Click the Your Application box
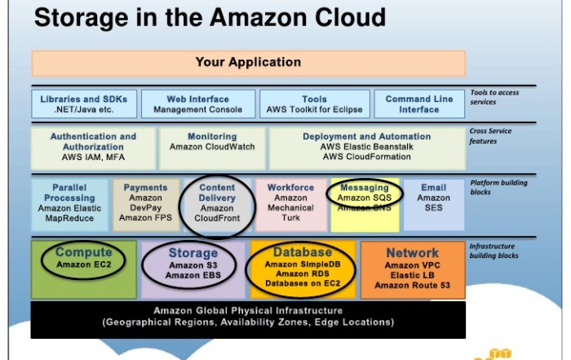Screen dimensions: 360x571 pos(248,63)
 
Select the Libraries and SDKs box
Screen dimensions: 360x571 pos(82,104)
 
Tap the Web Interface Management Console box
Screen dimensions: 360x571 pos(197,104)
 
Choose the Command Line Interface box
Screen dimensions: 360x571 pos(419,104)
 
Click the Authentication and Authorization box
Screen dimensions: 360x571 pos(93,147)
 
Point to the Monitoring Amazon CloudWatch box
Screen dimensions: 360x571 pos(212,147)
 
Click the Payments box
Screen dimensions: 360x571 pos(145,204)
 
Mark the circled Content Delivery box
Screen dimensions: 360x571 pos(217,204)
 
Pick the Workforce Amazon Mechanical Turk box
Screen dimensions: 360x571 pos(290,204)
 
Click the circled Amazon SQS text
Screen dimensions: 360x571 pos(365,198)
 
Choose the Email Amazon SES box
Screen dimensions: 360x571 pos(433,204)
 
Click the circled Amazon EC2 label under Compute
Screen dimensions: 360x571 pos(83,265)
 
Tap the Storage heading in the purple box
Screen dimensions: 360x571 pos(193,254)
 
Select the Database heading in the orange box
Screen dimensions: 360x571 pos(303,252)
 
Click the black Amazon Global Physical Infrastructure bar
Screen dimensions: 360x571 pos(248,317)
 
